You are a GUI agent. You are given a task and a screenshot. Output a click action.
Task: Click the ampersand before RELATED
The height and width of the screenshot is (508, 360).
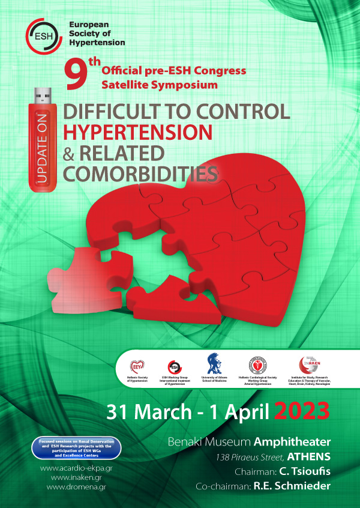pos(69,153)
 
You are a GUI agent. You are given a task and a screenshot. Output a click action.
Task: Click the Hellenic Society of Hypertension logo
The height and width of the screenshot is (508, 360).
pos(139,365)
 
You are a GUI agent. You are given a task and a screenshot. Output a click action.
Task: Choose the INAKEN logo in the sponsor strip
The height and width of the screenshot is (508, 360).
pos(306,364)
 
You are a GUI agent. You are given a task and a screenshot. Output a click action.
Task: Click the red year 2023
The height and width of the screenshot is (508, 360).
pos(302,412)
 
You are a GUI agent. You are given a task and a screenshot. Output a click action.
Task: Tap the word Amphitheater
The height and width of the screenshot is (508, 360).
pos(292,443)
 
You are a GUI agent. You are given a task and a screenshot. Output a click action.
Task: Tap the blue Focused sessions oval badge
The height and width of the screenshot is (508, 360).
pos(76,449)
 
